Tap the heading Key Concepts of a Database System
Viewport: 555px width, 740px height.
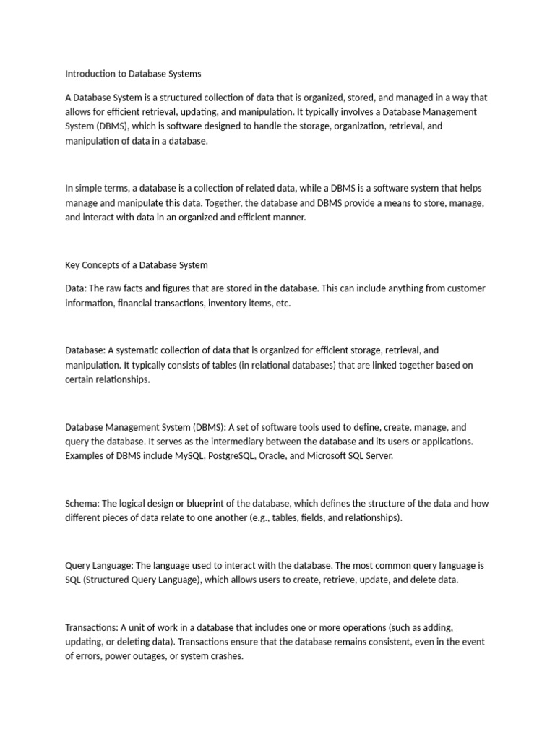point(137,265)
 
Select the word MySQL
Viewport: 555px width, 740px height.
point(189,456)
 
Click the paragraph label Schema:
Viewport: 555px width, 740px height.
point(81,503)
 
